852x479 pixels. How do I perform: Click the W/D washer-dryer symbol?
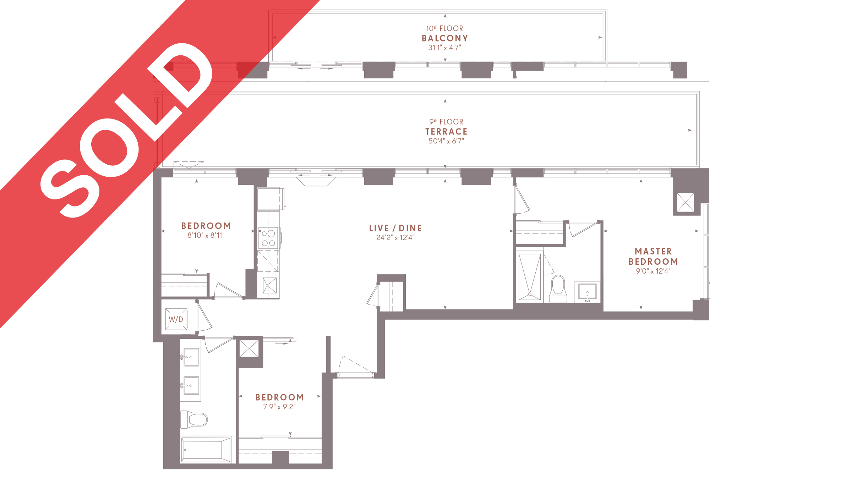click(176, 319)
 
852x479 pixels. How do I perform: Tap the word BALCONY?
click(445, 38)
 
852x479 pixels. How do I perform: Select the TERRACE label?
click(446, 132)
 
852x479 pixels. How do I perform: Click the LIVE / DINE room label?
click(395, 228)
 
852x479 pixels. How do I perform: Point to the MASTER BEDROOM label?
click(653, 257)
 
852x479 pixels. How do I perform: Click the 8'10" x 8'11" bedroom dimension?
click(206, 235)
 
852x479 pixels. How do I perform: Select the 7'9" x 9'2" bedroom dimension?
click(279, 407)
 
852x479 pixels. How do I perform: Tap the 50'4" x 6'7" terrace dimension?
click(446, 141)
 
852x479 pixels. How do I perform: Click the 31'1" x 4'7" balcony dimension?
click(445, 48)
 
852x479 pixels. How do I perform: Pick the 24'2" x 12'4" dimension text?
click(395, 238)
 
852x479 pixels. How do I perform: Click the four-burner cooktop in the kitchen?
click(268, 238)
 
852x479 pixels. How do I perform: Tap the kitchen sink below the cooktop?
click(269, 286)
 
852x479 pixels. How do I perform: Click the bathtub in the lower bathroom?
click(206, 450)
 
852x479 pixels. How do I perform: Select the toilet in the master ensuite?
click(558, 289)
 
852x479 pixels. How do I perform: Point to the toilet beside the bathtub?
click(194, 420)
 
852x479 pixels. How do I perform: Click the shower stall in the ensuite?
click(530, 277)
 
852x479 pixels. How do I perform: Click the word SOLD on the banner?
click(126, 131)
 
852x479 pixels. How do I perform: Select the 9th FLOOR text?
click(446, 122)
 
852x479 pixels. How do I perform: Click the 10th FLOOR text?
click(444, 28)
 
